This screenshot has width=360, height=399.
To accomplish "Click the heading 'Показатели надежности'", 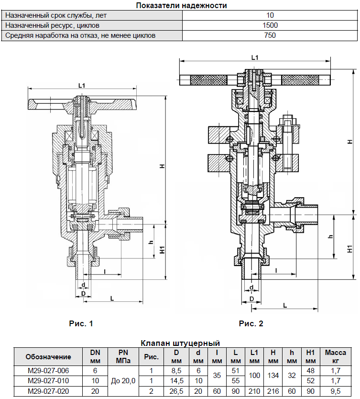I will (181, 6).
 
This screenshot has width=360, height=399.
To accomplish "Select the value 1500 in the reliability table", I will (270, 25).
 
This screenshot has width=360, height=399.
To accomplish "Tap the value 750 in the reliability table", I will (270, 35).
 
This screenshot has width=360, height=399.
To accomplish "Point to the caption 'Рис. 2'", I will (251, 324).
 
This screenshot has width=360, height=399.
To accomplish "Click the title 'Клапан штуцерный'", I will (180, 343).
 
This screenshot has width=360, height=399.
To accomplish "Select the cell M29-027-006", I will (48, 370).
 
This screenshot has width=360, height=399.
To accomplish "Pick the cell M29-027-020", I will (48, 390).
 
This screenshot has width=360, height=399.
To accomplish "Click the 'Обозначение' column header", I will (48, 356).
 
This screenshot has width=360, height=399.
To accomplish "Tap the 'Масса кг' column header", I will (335, 356).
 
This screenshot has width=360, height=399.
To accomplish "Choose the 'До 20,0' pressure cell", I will (123, 380).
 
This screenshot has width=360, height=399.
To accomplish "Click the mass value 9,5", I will (335, 390).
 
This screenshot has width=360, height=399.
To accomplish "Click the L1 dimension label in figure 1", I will (82, 85).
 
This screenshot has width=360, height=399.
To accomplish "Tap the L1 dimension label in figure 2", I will (255, 57).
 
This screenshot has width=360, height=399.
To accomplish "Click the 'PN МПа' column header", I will (123, 356).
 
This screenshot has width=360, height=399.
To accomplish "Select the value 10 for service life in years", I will (270, 15).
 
